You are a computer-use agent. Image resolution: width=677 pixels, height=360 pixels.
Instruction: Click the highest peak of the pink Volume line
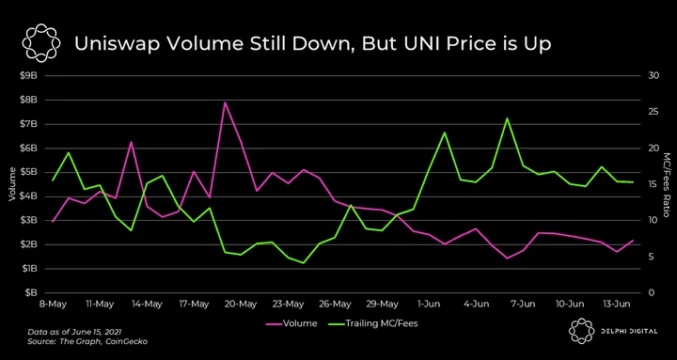[225, 102]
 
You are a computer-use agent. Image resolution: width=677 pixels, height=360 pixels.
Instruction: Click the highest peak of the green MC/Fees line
[508, 117]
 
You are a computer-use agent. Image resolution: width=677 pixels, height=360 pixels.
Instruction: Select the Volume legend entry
[291, 323]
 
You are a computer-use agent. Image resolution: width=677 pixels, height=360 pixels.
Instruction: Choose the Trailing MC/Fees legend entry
[373, 323]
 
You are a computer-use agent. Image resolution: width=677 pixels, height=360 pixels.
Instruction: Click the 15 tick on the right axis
[653, 184]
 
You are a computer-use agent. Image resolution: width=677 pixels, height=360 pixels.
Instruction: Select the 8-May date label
[53, 304]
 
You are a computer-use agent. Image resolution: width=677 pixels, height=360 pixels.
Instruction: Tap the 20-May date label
[242, 304]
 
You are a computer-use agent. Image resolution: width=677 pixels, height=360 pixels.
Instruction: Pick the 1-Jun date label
[429, 304]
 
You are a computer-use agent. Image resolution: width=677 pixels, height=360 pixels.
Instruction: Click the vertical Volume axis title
[11, 184]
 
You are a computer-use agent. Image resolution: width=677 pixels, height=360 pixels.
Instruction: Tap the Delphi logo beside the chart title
[41, 43]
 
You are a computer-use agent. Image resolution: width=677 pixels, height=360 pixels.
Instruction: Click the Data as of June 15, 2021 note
[74, 333]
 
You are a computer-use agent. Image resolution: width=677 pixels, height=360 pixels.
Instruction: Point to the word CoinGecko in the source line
[130, 342]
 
